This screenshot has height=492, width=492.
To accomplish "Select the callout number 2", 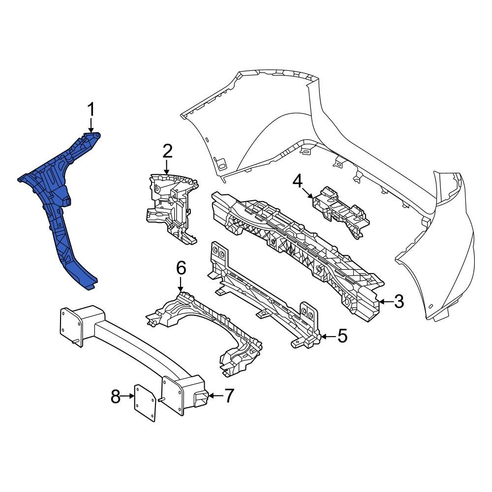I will [x=167, y=151].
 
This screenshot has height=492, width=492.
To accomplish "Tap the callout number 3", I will [x=399, y=301].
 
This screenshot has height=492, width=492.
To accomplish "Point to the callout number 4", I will [x=297, y=181].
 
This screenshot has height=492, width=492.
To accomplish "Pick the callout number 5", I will [x=342, y=337].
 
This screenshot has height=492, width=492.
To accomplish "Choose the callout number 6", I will [x=181, y=269].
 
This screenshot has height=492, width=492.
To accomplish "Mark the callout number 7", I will [x=229, y=396].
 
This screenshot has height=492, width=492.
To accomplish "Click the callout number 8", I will [x=115, y=396].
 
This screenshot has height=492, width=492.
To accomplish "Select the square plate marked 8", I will [x=146, y=404].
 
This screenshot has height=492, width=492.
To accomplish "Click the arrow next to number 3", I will [x=386, y=301].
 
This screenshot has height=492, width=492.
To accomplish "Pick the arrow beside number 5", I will [x=329, y=337].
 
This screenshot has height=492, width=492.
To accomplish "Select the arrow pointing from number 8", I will [x=128, y=396].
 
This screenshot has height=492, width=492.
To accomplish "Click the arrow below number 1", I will [x=91, y=126].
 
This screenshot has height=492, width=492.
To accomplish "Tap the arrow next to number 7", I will [x=215, y=395].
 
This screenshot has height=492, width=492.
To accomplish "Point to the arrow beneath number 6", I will [x=181, y=284].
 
